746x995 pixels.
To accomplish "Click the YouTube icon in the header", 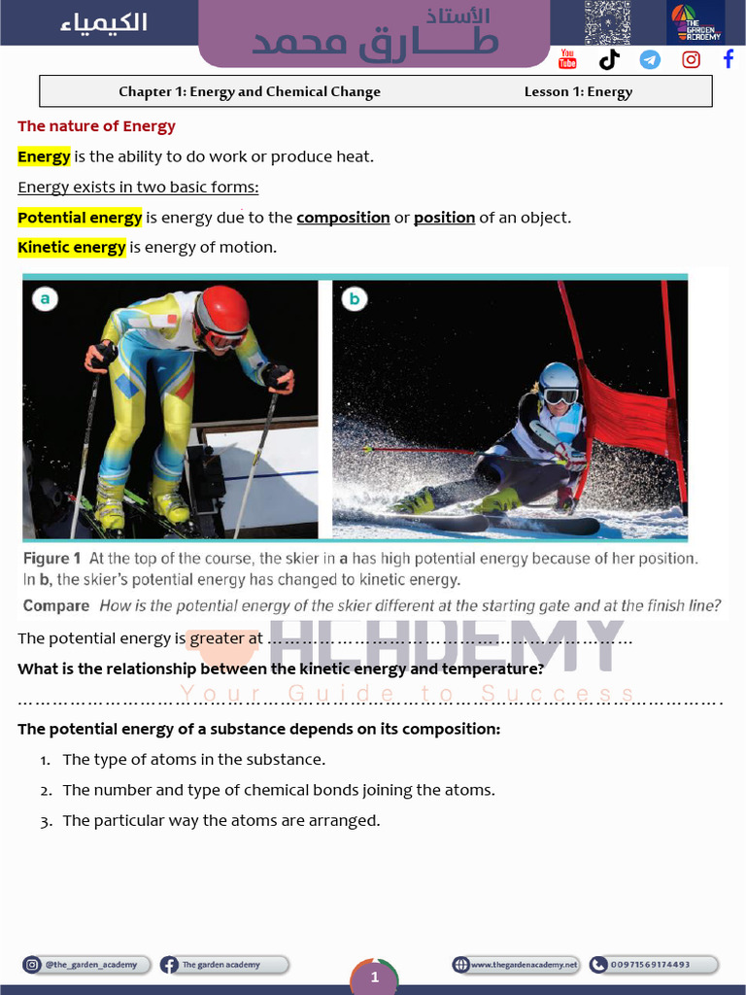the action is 567,59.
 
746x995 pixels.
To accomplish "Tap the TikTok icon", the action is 609,59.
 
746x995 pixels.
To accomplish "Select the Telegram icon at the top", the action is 650,59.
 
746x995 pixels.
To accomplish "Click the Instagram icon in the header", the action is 691,59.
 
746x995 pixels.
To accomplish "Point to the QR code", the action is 607,23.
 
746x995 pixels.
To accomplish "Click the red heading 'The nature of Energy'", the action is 96,126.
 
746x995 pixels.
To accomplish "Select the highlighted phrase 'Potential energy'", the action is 80,218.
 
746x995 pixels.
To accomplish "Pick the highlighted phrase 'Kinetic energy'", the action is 72,248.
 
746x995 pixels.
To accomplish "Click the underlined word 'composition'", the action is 343,218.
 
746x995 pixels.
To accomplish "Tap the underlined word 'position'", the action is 444,218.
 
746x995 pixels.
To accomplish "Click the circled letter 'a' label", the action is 45,299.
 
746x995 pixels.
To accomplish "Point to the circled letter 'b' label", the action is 354,299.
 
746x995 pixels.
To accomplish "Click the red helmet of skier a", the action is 222,311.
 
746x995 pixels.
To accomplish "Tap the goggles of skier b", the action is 560,396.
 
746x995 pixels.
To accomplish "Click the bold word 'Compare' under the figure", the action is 55,606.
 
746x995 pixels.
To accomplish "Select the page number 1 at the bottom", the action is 374,978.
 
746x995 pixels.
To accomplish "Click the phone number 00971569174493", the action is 650,965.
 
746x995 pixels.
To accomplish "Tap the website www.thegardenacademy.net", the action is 524,965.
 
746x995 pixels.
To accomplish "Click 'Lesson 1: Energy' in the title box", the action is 578,92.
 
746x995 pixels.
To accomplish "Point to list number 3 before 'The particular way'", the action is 46,822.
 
